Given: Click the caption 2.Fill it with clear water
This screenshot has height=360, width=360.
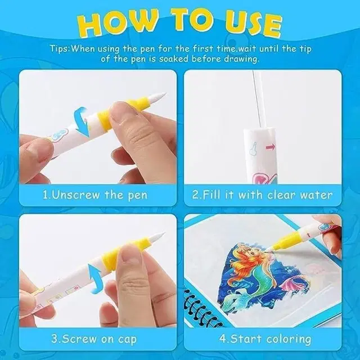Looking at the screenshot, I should pos(262,196).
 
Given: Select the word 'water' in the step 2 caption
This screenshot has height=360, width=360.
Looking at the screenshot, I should pos(314,196).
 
